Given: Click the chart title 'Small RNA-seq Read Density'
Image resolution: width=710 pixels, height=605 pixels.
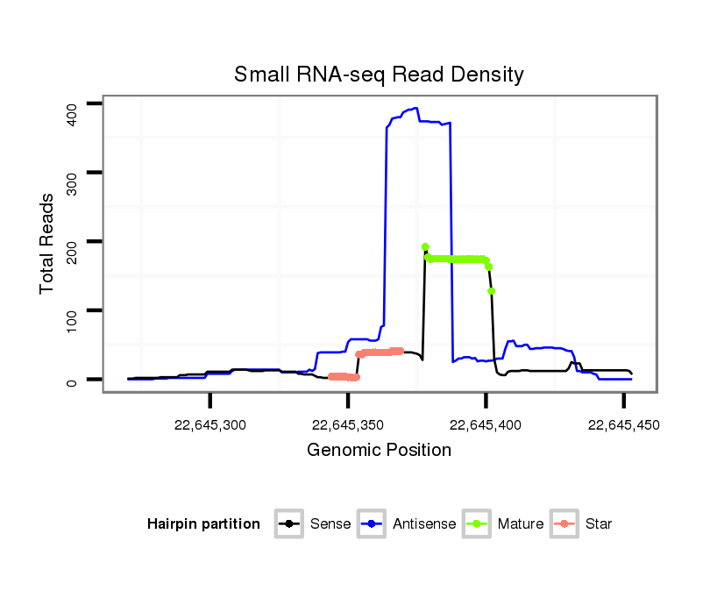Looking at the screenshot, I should click(379, 75).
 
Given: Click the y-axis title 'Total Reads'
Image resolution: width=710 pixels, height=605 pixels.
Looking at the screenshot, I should click(48, 243).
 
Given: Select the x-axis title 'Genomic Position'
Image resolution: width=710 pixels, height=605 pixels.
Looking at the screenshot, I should click(379, 451).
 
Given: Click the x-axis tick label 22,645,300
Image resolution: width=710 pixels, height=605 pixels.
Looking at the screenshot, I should click(209, 425).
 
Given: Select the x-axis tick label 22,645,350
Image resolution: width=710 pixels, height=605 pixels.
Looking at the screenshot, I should click(348, 425).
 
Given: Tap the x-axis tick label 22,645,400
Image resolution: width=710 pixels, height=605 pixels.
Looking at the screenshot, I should click(486, 425).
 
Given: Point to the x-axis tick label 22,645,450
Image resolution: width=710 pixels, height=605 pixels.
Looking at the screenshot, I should click(623, 425).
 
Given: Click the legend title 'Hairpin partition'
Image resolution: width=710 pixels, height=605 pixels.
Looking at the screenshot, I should click(203, 524).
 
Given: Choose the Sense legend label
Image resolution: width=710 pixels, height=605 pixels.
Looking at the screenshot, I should click(330, 524).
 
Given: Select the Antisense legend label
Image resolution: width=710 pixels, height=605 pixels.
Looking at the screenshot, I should click(424, 524).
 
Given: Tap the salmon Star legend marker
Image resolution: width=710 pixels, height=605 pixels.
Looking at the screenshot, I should click(565, 524).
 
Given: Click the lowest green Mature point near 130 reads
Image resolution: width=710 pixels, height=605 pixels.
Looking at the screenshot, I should click(492, 290).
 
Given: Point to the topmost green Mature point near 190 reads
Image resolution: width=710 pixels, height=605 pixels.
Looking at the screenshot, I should click(425, 247).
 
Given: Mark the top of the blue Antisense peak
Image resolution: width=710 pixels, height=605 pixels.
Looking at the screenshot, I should click(415, 109).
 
